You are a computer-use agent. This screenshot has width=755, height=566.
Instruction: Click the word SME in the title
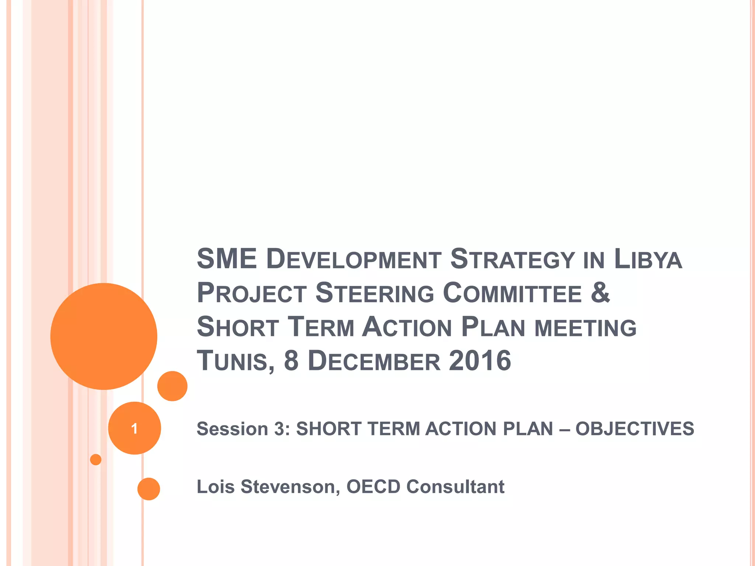pos(227,259)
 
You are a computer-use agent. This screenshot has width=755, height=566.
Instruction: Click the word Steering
pos(375,293)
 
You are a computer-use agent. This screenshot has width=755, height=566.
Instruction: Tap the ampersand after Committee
pos(600,292)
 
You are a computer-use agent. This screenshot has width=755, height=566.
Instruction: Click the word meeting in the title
pos(585,328)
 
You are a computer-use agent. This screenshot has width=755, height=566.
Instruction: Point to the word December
pos(374,361)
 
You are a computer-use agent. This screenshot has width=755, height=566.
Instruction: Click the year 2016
pos(480,360)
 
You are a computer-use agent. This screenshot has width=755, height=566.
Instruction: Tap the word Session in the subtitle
pos(232,429)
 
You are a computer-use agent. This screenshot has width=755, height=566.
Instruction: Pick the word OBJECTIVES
pos(635,429)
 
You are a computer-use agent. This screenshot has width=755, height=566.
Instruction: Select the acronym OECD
pos(373,487)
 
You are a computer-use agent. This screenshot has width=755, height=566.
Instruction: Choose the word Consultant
pos(455,487)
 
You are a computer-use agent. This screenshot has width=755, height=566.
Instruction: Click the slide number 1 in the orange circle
pos(135,429)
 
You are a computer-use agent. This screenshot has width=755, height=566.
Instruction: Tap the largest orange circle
pos(104,336)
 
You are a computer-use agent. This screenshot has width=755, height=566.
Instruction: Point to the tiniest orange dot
pos(96,460)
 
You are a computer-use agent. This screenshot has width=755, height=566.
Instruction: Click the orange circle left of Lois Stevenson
pos(149,489)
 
